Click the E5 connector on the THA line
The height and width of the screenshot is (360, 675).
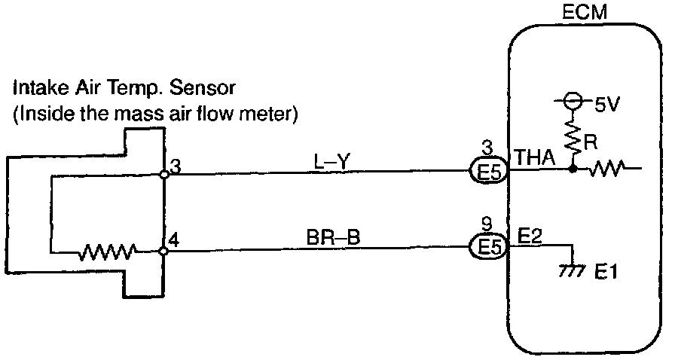tap(490, 173)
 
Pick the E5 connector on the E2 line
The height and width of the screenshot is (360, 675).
tap(490, 249)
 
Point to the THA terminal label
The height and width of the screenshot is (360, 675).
tap(533, 158)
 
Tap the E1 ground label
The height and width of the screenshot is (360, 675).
tap(607, 272)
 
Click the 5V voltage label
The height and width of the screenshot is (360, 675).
tap(607, 105)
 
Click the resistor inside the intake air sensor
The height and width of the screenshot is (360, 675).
tap(111, 249)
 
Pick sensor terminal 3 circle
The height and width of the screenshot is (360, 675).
tap(164, 174)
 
